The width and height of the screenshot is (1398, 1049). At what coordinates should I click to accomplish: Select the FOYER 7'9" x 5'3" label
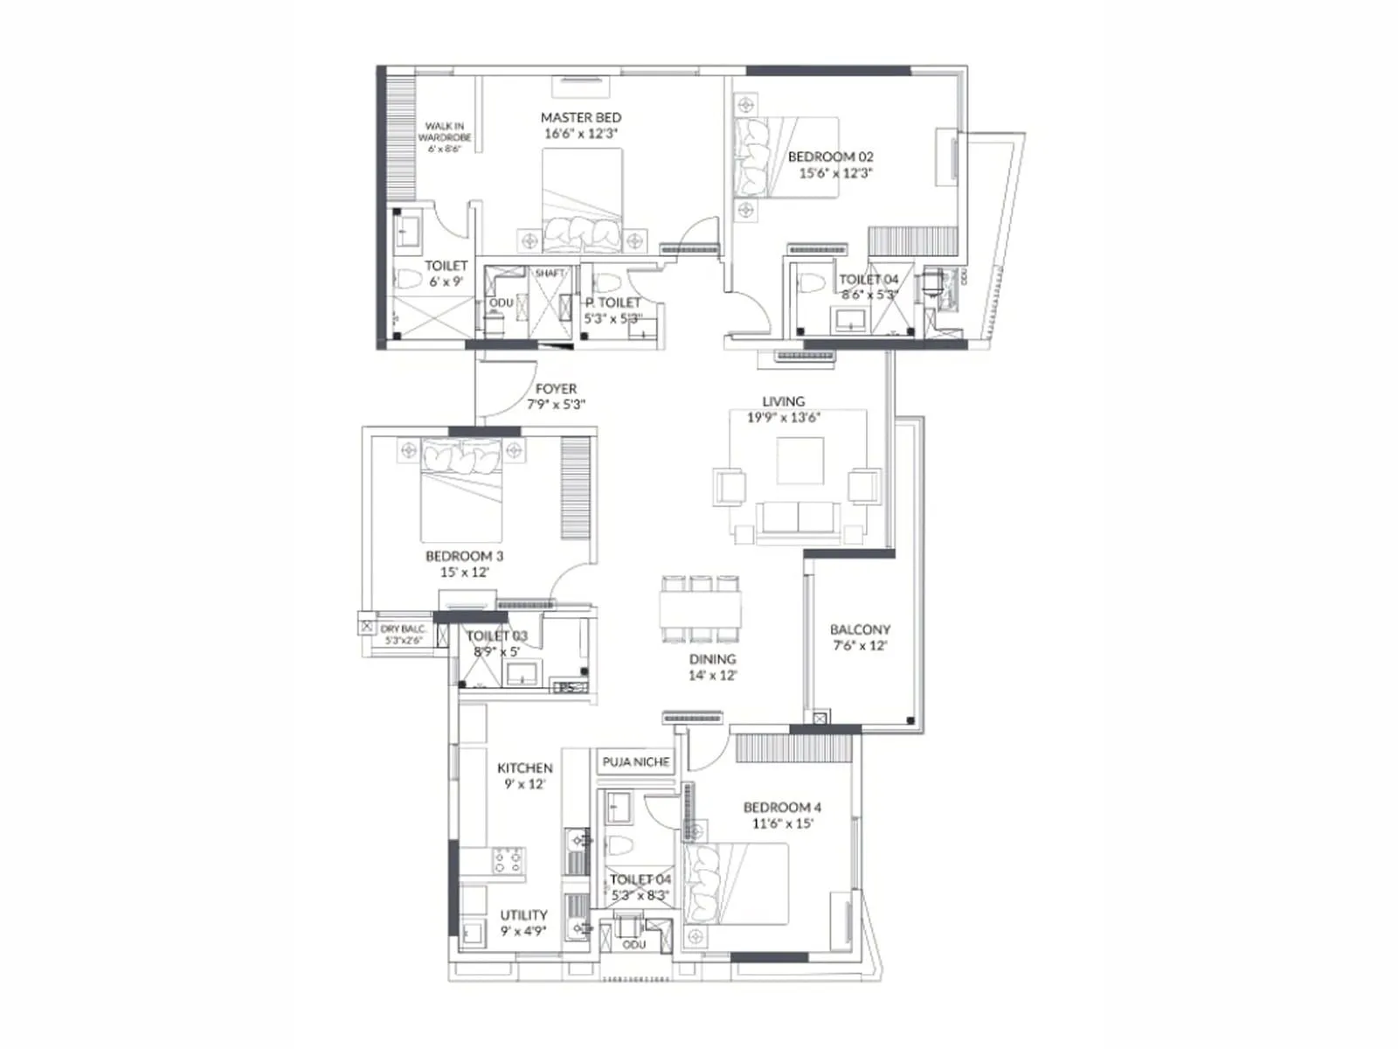click(556, 396)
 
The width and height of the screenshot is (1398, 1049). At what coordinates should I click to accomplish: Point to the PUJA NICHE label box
click(635, 761)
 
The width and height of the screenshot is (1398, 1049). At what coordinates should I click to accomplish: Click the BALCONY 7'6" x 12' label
click(860, 637)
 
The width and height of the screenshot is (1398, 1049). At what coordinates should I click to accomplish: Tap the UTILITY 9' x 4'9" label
click(523, 923)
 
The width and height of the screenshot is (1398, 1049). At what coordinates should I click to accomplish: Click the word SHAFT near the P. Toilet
click(550, 274)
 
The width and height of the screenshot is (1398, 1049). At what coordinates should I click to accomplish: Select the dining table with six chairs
click(701, 608)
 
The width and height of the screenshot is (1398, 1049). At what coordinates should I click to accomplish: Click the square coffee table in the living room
click(799, 461)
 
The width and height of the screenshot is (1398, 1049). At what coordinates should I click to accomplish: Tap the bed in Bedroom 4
click(737, 883)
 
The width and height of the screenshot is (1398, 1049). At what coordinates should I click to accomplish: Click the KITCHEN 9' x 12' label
click(524, 775)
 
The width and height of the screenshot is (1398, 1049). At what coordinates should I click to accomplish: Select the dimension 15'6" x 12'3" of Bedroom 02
click(835, 173)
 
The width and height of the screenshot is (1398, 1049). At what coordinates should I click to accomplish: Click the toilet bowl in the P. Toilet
click(606, 284)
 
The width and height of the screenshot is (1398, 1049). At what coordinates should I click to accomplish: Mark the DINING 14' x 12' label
click(712, 667)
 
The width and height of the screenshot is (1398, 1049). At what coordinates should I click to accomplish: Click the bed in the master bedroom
click(582, 201)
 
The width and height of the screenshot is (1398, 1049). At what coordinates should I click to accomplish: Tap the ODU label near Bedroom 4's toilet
click(634, 945)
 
